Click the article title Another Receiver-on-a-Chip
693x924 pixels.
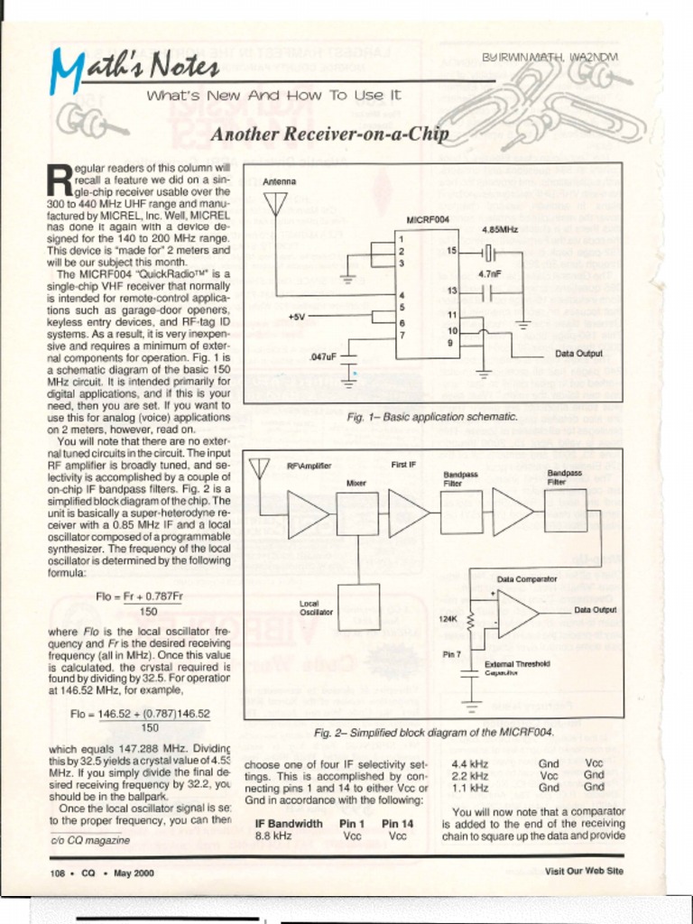(329, 135)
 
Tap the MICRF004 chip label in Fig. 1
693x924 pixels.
(428, 219)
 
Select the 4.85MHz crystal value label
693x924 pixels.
(500, 230)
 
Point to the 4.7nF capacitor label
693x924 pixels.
(490, 273)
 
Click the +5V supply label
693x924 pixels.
(298, 316)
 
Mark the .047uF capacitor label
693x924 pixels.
(322, 356)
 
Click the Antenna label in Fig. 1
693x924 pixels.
(279, 181)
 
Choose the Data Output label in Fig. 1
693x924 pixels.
(578, 354)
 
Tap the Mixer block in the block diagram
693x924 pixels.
(357, 513)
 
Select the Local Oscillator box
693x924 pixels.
(359, 606)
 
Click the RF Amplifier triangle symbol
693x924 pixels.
(308, 513)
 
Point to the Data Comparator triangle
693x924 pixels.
(516, 614)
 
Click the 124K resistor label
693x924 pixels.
(448, 619)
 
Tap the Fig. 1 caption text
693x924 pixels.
(432, 417)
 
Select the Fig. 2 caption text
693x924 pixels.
(433, 732)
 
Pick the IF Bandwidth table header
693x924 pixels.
(289, 824)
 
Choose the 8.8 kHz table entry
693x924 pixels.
(273, 836)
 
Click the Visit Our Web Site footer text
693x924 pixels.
(584, 871)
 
